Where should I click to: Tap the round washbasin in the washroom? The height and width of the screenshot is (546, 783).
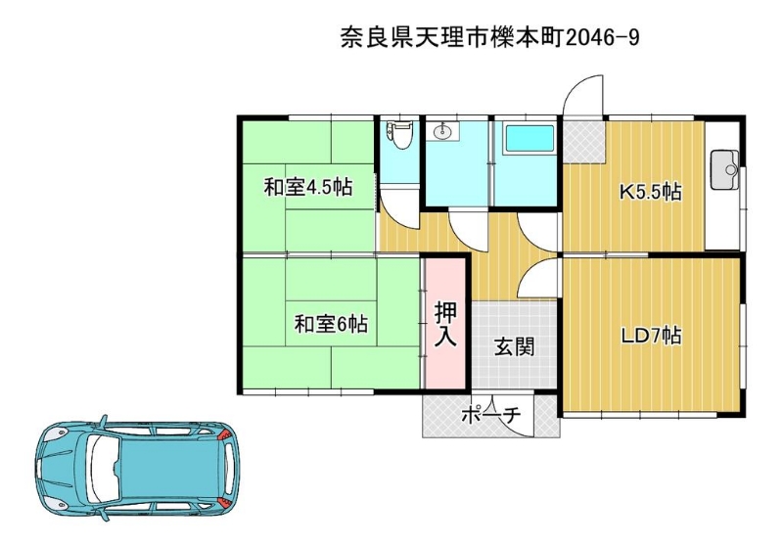[x=443, y=132]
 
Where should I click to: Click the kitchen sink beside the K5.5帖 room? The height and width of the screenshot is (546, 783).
[x=725, y=169]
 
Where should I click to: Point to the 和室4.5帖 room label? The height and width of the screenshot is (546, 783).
[x=308, y=188]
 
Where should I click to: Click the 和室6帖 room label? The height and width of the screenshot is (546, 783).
[x=331, y=324]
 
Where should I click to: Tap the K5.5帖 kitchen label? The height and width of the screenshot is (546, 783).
[x=651, y=192]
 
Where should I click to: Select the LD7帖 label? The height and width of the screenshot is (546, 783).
[x=651, y=336]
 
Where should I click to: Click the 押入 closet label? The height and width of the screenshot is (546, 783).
[x=445, y=324]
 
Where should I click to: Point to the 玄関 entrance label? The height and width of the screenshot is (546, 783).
[x=515, y=346]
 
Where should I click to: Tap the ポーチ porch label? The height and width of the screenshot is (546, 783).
[x=491, y=415]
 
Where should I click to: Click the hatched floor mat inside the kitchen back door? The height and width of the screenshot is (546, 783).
[x=584, y=141]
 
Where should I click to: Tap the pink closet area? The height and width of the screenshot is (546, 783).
[x=445, y=322]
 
